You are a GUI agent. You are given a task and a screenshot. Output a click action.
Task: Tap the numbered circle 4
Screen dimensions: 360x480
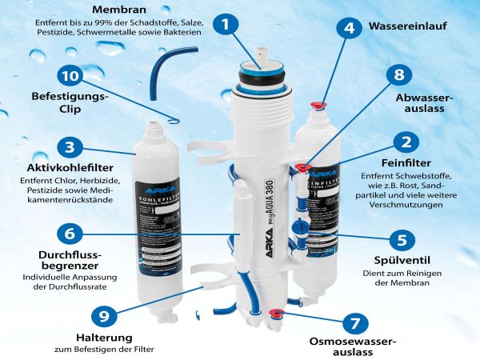click(x=348, y=27)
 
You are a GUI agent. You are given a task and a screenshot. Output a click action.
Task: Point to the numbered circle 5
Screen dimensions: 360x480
click(x=402, y=239)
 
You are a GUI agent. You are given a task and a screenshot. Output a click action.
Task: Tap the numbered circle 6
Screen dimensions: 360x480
click(x=69, y=234)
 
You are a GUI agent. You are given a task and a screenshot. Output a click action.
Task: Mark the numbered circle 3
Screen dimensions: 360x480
click(x=70, y=147)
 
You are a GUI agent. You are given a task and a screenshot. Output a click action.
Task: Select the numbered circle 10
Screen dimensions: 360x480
click(x=70, y=76)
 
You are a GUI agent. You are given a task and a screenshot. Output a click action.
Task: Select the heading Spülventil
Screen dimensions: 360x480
click(x=402, y=261)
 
